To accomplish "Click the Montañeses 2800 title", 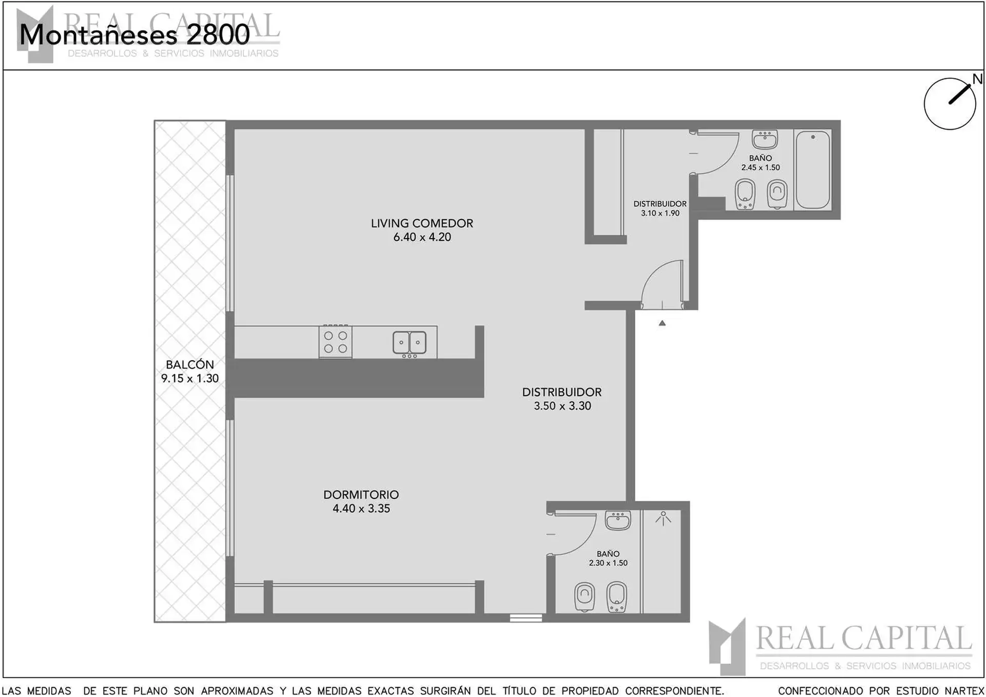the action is tap(135, 35).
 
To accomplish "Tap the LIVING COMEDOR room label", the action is tap(422, 223).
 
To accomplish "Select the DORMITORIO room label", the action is tap(361, 495).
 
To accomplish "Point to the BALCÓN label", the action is tap(190, 364).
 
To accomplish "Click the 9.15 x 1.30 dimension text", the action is tap(190, 378).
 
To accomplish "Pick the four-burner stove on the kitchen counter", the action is tap(335, 342).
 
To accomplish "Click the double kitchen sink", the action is tap(409, 343).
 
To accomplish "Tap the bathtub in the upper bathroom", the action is tap(812, 169).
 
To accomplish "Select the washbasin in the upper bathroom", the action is tap(765, 139).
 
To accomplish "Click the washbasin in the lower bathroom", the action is tap(617, 520).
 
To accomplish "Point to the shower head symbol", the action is tap(663, 518).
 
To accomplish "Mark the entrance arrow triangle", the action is tap(662, 323).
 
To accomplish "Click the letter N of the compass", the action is tap(978, 79).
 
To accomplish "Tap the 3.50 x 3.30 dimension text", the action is tap(562, 406).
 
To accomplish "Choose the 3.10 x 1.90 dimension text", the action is tap(660, 213).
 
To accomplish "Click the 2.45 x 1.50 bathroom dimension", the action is tap(761, 167).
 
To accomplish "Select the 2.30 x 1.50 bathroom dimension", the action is tap(608, 563).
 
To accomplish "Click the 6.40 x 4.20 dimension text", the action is tap(422, 237).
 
